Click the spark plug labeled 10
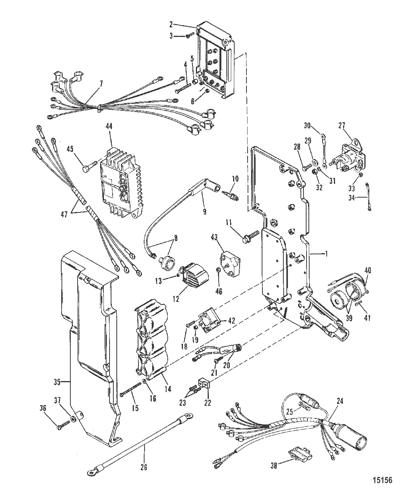click(230, 196)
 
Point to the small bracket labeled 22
click(203, 386)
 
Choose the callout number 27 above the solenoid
click(342, 126)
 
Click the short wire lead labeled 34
click(368, 197)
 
